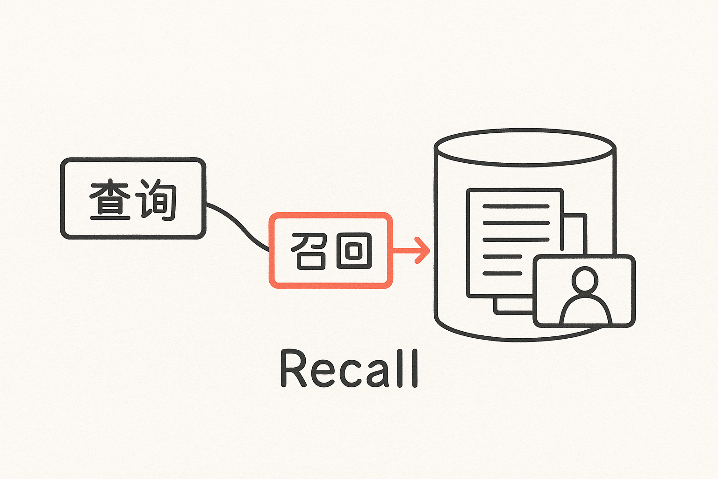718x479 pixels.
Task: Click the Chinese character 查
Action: click(x=110, y=200)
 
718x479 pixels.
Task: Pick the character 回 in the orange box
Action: click(x=354, y=251)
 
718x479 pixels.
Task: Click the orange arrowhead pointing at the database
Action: click(x=423, y=250)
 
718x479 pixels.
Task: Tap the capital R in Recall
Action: click(x=293, y=369)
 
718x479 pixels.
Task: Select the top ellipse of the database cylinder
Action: click(x=525, y=147)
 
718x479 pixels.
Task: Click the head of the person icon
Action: click(x=585, y=280)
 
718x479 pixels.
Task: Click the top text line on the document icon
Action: click(x=516, y=206)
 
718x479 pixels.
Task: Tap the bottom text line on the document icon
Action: click(x=502, y=273)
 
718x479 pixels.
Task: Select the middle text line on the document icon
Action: click(x=516, y=239)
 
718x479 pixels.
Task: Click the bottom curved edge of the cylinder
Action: click(x=486, y=334)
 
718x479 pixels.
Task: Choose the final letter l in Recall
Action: click(x=414, y=369)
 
